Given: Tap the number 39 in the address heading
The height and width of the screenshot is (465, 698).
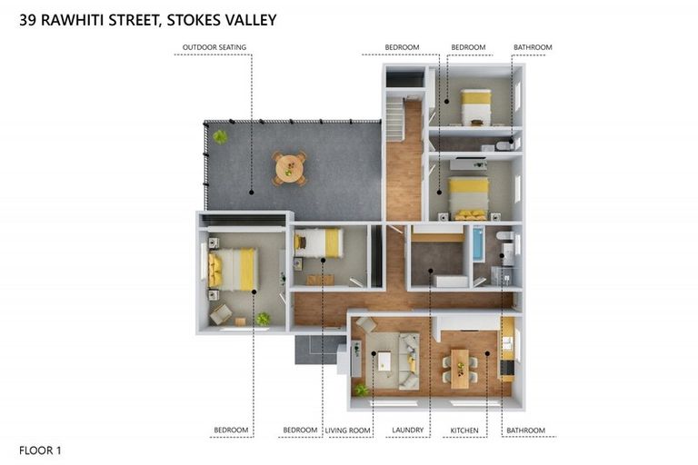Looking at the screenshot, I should point(28,19).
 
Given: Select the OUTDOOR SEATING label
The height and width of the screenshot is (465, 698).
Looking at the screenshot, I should point(214,47).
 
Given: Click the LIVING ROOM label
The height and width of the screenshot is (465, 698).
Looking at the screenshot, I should point(349,430).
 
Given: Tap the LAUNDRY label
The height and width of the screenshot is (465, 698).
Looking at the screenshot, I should point(408,430).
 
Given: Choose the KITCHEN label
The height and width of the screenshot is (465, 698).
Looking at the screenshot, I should point(464,430).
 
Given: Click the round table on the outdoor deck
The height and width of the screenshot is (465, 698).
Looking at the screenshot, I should point(289,168).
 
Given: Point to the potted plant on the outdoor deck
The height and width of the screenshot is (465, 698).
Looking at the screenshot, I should point(220,137).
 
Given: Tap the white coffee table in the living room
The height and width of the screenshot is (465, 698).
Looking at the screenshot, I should point(384,361).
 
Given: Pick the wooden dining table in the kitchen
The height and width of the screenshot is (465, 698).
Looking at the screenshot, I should point(460,368).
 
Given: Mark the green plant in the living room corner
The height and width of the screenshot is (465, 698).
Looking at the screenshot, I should point(362,390).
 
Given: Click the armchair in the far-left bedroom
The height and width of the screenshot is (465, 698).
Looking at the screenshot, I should point(221,313).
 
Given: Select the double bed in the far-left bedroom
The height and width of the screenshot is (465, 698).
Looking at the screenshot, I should point(234,269).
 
